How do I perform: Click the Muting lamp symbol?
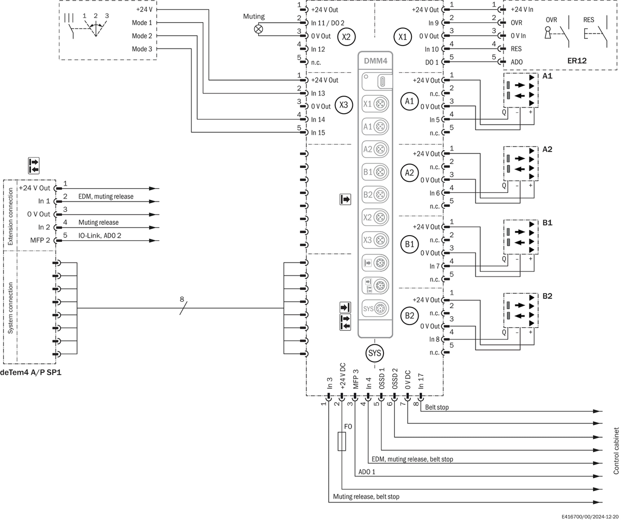click(258, 29)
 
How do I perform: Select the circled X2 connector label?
click(346, 37)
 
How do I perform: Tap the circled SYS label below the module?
click(375, 353)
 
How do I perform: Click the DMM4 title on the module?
click(375, 61)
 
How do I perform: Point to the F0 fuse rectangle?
click(342, 441)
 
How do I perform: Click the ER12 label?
click(576, 60)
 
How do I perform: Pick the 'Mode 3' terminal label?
click(142, 49)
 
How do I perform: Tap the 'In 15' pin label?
click(318, 132)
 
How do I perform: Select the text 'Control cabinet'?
click(616, 451)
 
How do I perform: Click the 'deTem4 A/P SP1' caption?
click(31, 372)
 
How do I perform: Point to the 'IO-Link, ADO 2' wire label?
click(100, 236)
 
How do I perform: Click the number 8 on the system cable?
click(182, 299)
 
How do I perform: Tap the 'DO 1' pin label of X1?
click(432, 62)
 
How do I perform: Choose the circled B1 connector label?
click(409, 244)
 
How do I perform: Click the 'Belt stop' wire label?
click(437, 407)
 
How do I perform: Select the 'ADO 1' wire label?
click(366, 472)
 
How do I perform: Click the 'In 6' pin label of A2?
click(434, 193)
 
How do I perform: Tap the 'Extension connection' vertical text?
click(10, 216)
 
